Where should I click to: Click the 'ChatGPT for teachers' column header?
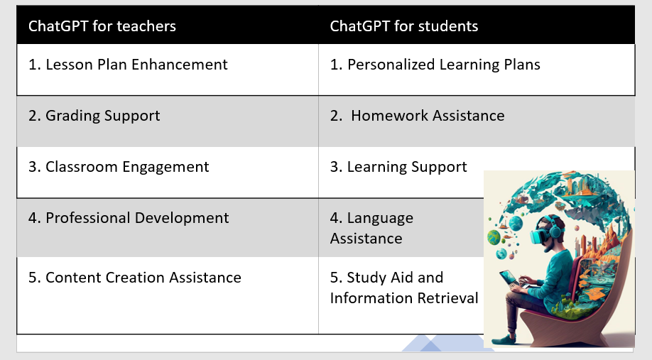(x=102, y=26)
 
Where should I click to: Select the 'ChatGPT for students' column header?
(x=403, y=26)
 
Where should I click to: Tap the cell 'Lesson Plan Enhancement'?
(x=128, y=65)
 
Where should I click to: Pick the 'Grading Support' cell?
(x=94, y=116)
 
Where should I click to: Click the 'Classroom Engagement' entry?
(x=119, y=167)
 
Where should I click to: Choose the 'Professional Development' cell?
(x=129, y=218)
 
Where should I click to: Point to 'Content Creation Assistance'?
(x=135, y=278)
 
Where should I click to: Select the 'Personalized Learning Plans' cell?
(x=435, y=65)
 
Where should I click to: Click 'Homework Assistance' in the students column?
(x=417, y=116)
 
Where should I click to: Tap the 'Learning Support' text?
(x=398, y=167)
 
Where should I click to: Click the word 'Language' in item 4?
(x=380, y=219)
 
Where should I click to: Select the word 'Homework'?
(x=386, y=116)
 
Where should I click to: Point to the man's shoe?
(x=505, y=339)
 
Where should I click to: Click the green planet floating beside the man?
(x=494, y=237)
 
